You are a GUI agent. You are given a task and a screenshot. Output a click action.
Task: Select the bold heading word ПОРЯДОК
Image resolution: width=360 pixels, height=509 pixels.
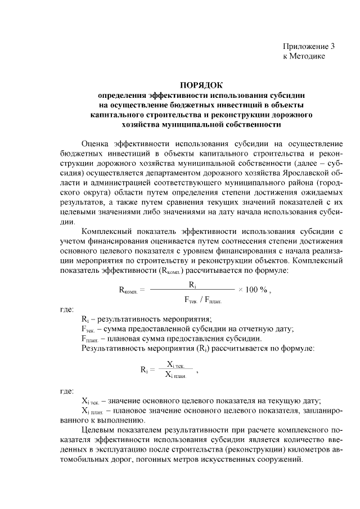[201, 86]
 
